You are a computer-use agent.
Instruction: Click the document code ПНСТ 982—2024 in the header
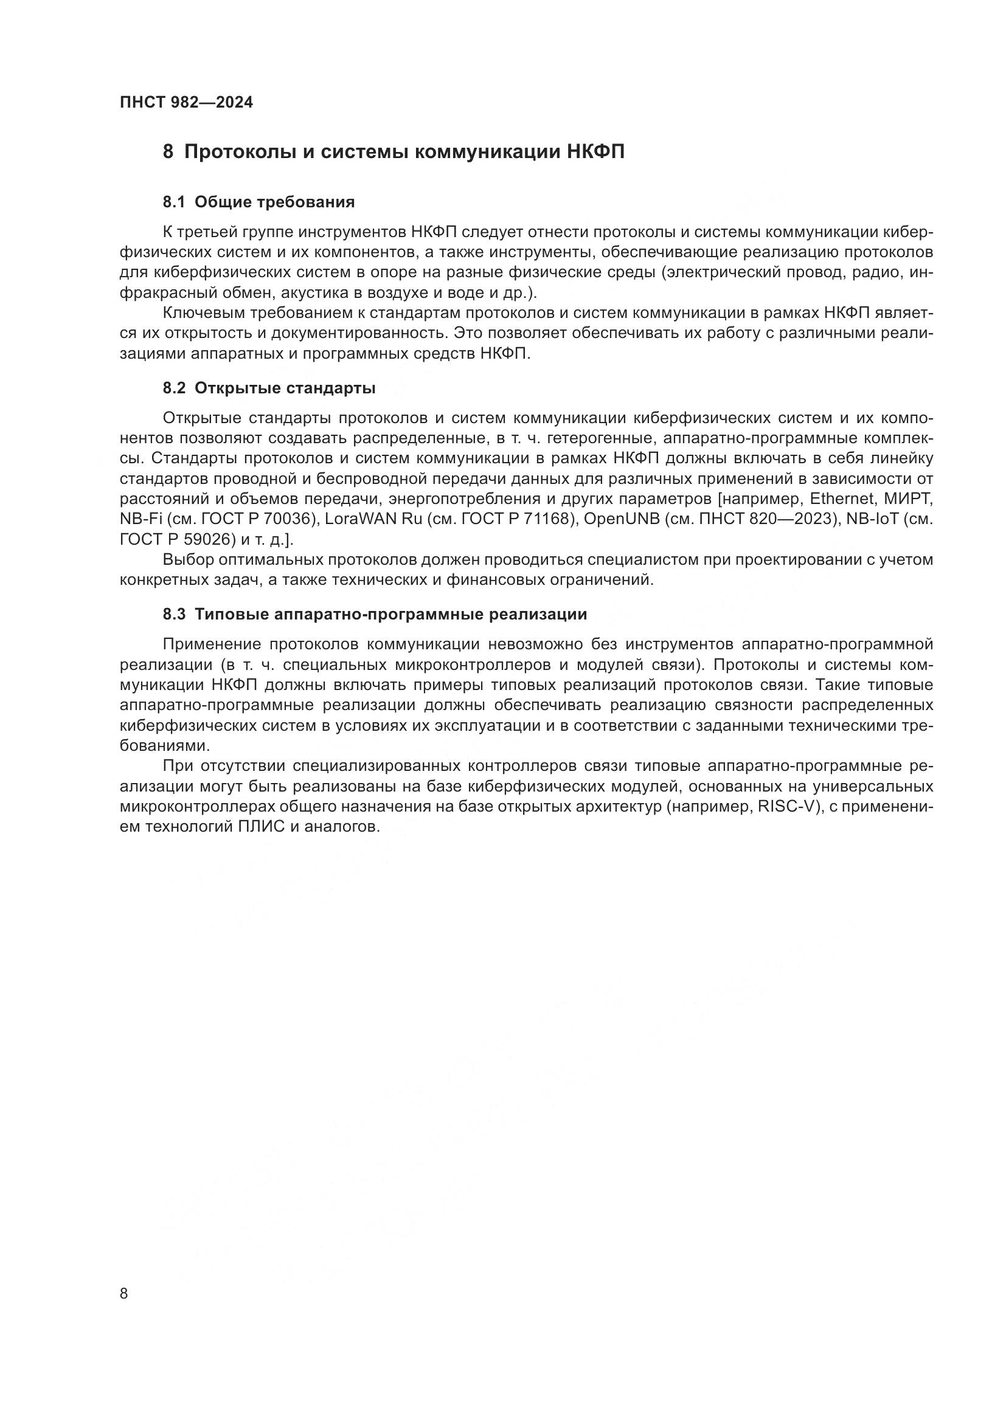point(187,103)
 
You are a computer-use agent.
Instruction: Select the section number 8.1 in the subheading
point(174,202)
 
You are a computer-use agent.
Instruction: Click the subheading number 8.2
point(174,388)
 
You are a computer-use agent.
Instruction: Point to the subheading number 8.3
point(174,615)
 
